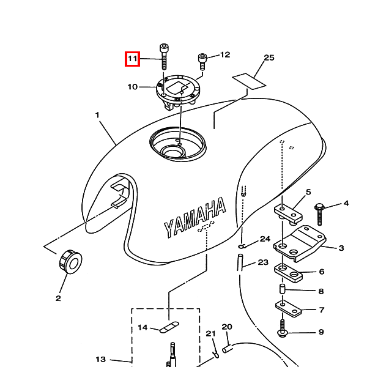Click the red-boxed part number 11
132,59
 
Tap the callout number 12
225,55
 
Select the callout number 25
269,57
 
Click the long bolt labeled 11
164,57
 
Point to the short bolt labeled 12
202,62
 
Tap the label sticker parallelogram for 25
249,81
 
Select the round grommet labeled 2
70,262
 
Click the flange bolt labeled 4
319,214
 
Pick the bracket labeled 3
300,243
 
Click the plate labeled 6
288,273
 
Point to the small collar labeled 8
283,289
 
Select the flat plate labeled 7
288,309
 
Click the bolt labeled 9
283,328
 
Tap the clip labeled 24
242,246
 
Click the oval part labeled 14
169,327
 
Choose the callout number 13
101,359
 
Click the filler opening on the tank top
178,144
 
